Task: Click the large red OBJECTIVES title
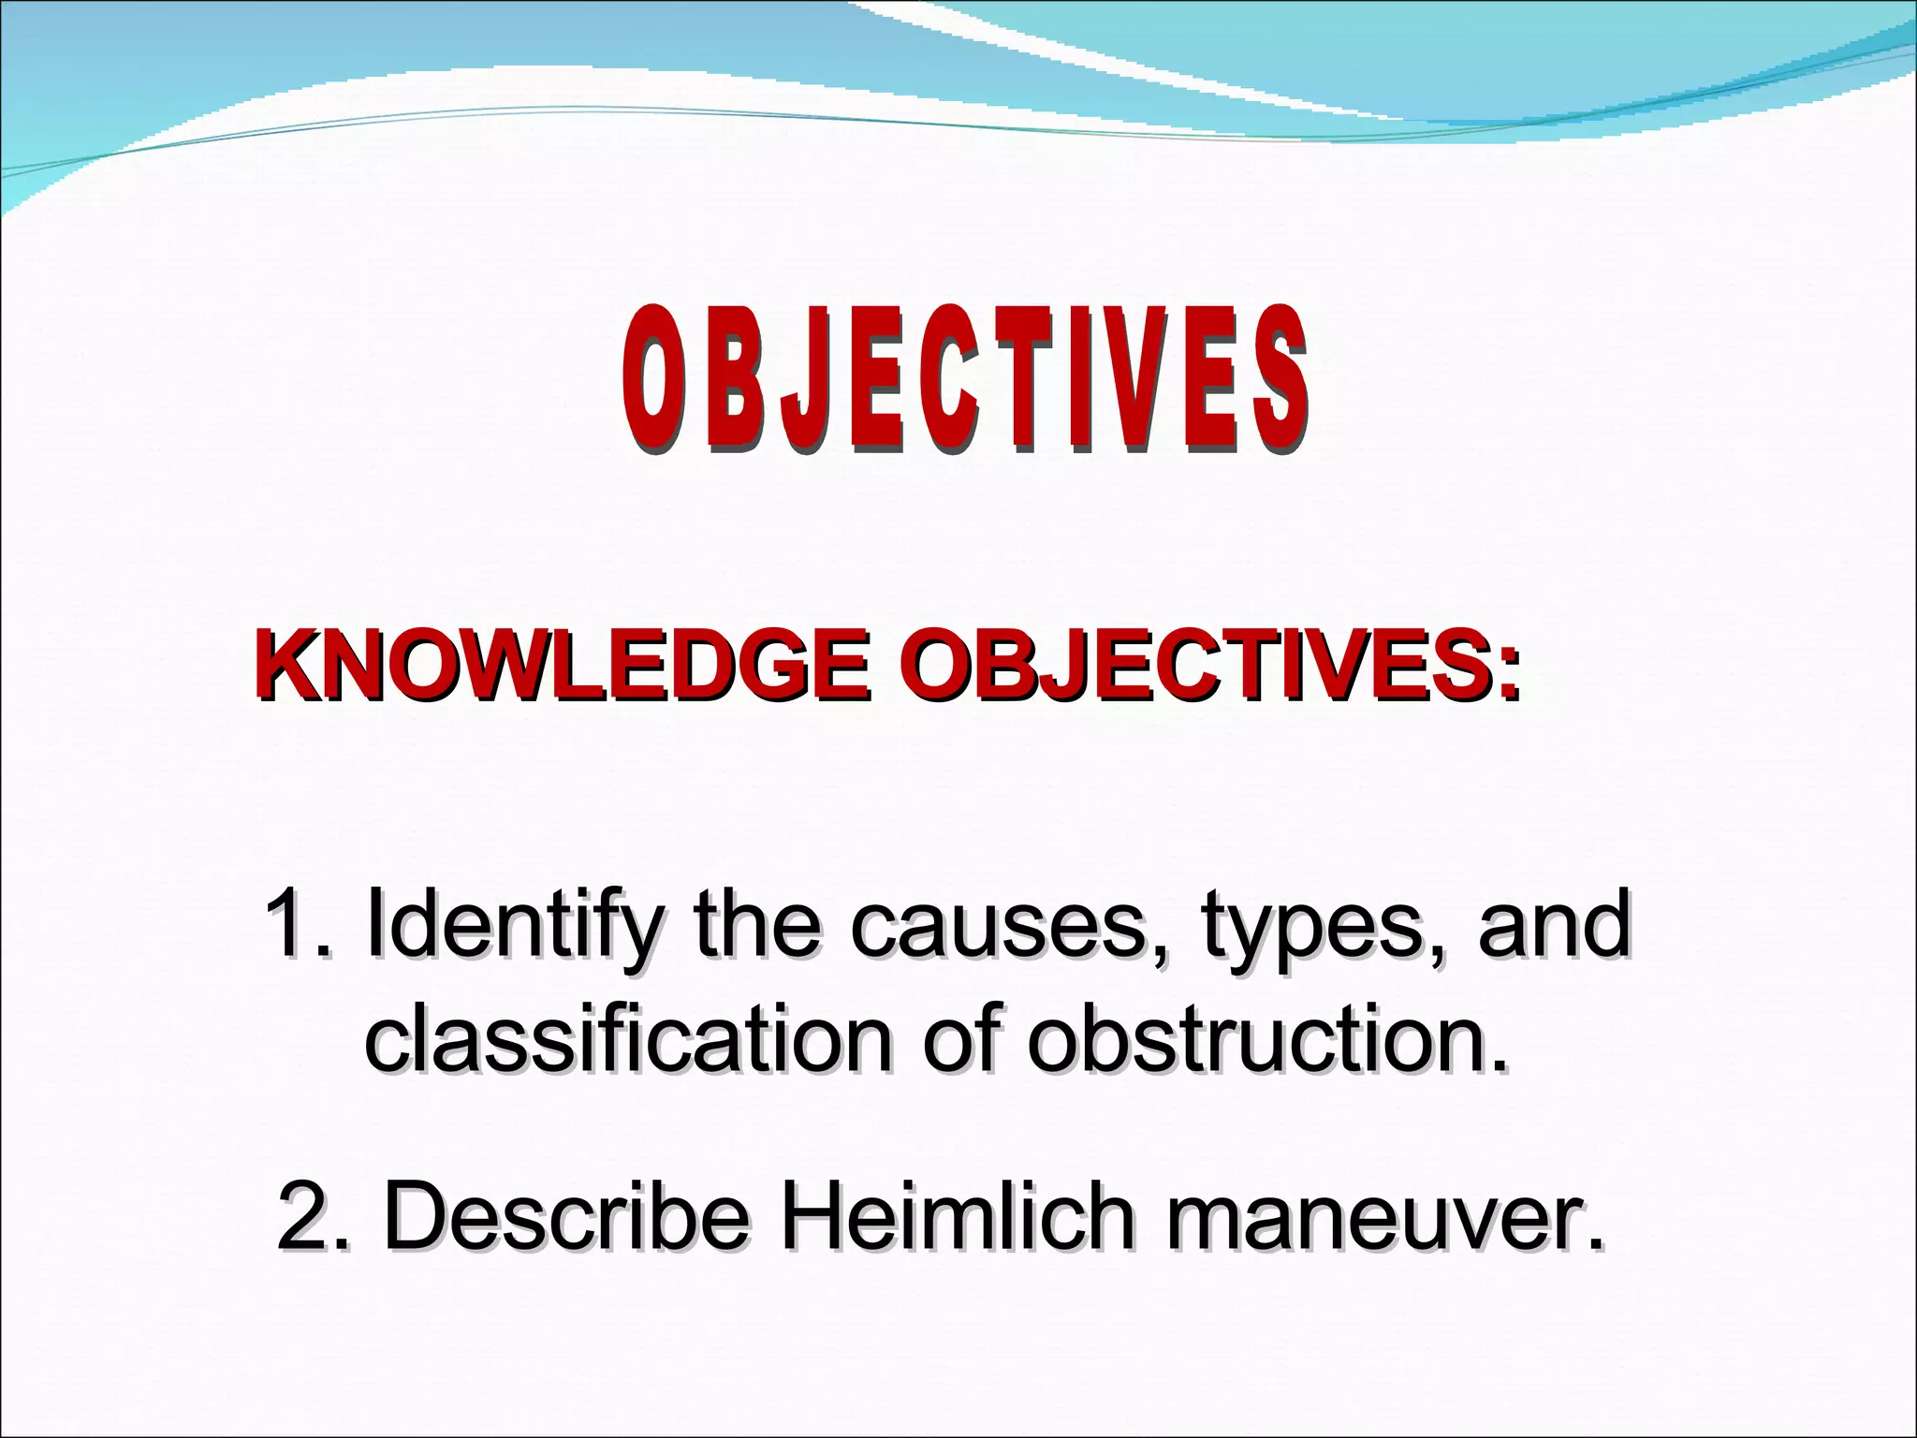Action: [964, 381]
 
